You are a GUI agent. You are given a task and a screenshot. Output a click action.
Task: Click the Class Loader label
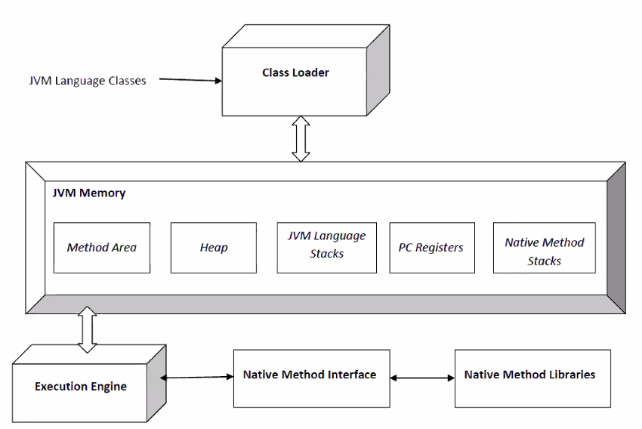click(x=295, y=73)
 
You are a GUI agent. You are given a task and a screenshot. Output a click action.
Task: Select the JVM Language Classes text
click(x=88, y=81)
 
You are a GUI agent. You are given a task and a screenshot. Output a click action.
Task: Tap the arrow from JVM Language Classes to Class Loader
click(x=190, y=80)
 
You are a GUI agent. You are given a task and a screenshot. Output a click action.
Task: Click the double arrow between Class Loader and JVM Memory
click(x=301, y=139)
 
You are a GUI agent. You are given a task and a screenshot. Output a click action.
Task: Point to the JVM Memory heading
click(x=89, y=193)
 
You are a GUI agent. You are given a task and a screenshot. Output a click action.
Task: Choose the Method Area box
click(x=102, y=248)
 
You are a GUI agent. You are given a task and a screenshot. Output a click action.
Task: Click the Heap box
click(x=214, y=248)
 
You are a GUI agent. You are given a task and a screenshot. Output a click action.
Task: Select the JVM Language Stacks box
click(x=327, y=248)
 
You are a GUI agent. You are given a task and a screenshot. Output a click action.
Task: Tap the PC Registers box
click(x=432, y=248)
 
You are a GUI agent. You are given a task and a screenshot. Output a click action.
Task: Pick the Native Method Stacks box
click(x=545, y=248)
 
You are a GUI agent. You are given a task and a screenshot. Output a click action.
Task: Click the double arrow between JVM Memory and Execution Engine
click(x=87, y=329)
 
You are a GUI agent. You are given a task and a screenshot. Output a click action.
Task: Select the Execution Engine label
click(x=81, y=387)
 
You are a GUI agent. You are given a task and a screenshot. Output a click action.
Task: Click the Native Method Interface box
click(x=312, y=378)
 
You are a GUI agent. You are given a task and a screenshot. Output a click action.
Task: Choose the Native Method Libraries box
click(x=532, y=378)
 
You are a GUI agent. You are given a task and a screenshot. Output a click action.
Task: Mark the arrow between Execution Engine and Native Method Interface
click(x=196, y=377)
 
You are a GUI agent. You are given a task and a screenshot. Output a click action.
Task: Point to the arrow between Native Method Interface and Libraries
click(x=422, y=378)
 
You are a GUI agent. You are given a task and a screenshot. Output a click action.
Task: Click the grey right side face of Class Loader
click(x=378, y=70)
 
